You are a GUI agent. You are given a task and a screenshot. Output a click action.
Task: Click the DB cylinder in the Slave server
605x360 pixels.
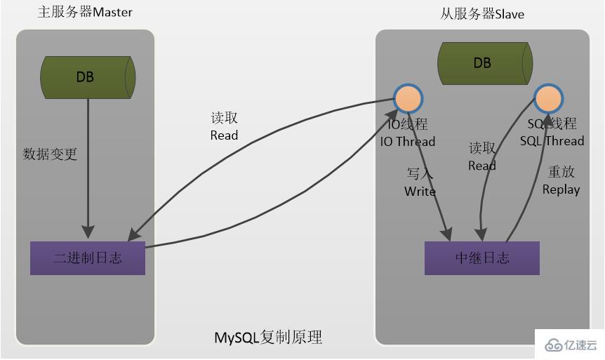pyautogui.click(x=483, y=62)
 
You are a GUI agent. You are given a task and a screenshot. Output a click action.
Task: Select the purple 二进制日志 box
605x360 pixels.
pyautogui.click(x=88, y=258)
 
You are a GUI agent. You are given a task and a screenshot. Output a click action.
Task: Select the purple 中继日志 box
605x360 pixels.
pyautogui.click(x=482, y=258)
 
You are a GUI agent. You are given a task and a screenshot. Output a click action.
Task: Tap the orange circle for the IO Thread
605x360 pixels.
pyautogui.click(x=408, y=99)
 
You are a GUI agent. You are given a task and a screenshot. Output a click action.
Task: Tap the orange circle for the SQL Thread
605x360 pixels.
pyautogui.click(x=547, y=99)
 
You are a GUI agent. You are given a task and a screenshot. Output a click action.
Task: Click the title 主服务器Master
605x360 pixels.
pyautogui.click(x=84, y=13)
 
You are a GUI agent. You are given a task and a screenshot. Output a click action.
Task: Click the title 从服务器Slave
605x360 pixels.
pyautogui.click(x=482, y=14)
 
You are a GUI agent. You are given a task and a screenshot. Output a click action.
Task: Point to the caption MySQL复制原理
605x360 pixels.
pyautogui.click(x=268, y=338)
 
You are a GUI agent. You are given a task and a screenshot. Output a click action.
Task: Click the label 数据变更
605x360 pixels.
pyautogui.click(x=50, y=154)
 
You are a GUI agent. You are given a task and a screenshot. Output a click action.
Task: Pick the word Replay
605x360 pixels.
pyautogui.click(x=561, y=189)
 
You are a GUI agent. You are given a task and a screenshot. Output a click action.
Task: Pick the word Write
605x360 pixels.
pyautogui.click(x=420, y=192)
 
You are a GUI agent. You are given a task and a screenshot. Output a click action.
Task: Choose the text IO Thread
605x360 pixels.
pyautogui.click(x=408, y=141)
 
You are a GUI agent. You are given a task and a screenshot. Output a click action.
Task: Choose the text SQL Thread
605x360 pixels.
pyautogui.click(x=552, y=141)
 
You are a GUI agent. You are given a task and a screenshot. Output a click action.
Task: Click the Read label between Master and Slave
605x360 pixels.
pyautogui.click(x=224, y=135)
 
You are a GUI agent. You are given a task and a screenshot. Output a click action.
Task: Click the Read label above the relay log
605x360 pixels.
pyautogui.click(x=482, y=166)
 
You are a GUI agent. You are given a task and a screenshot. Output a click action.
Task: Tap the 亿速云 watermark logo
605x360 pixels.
pyautogui.click(x=569, y=345)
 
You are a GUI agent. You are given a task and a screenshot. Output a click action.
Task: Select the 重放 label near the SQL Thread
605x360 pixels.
pyautogui.click(x=561, y=173)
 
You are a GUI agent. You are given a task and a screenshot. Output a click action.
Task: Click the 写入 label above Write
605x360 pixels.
pyautogui.click(x=420, y=173)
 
